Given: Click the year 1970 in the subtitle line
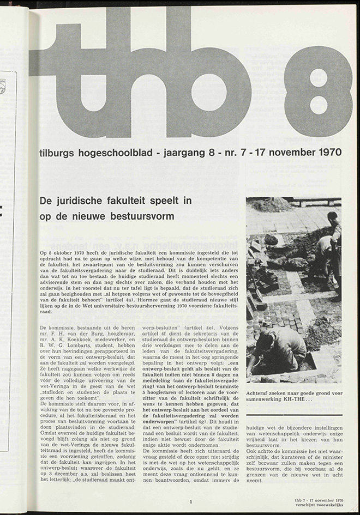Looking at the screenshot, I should point(327,152).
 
